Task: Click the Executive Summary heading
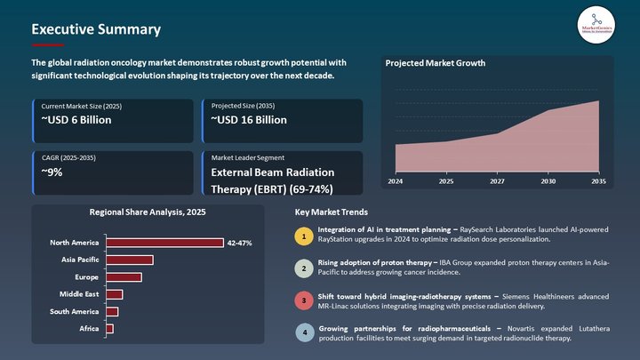coord(96,29)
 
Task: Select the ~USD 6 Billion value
coord(76,120)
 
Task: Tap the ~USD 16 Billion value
coord(249,120)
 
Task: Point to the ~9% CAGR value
coord(52,172)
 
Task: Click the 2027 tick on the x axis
coord(496,181)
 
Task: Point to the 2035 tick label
coord(598,181)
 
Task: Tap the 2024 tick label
coord(395,181)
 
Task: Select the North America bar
coord(164,243)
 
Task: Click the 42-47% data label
coord(239,243)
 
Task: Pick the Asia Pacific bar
coord(129,260)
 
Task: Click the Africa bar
coord(109,329)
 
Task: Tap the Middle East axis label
coord(79,294)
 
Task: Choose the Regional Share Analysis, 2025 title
coord(148,212)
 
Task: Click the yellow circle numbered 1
coord(304,236)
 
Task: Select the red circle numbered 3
coord(304,300)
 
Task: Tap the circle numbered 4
coord(304,333)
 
